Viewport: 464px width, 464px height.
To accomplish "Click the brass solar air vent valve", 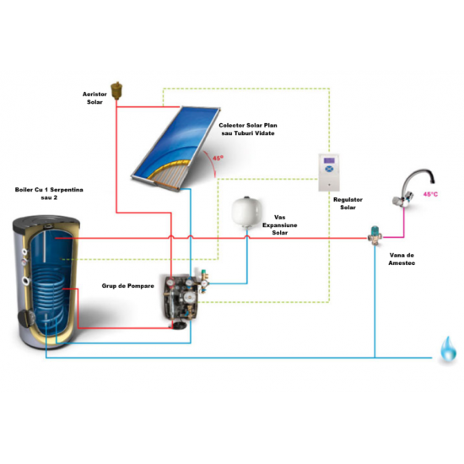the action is tap(116, 90).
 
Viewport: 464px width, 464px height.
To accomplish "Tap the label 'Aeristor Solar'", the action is tap(94, 98).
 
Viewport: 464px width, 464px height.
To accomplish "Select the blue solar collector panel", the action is tap(175, 147).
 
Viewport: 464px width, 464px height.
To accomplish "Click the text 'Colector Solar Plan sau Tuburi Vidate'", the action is tap(248, 129).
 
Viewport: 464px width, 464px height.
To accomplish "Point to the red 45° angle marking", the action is tap(218, 159).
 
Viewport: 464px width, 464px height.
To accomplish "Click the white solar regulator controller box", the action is tap(328, 172).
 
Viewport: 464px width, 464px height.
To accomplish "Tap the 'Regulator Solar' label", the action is tap(348, 203).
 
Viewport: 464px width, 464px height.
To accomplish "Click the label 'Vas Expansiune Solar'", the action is tap(279, 225).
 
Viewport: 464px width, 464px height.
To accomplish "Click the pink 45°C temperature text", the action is tap(430, 194).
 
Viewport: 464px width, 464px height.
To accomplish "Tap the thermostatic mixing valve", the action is tap(375, 235).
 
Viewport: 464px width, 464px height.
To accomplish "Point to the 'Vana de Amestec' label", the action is tap(402, 259).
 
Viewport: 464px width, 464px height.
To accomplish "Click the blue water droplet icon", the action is tap(448, 349).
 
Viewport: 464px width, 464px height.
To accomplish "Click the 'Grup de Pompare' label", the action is tap(128, 286).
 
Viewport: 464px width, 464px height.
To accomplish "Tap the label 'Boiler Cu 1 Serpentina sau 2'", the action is tap(49, 193).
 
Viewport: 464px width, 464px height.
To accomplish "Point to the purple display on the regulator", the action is tap(329, 160).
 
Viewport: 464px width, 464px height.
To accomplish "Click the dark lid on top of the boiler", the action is tap(46, 221).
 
